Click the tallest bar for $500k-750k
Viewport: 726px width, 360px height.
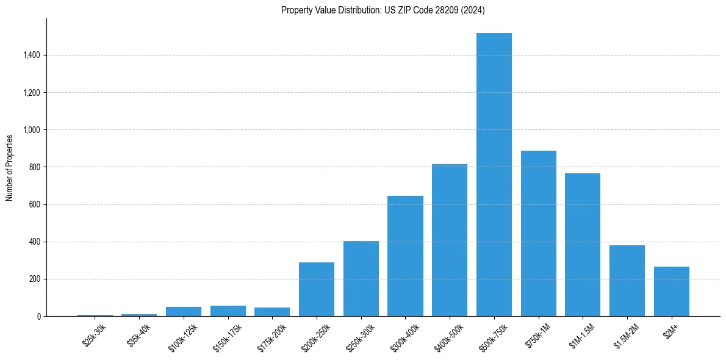coord(494,175)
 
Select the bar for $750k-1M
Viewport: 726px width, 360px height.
coord(539,234)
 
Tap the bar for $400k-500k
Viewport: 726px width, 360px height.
coord(450,240)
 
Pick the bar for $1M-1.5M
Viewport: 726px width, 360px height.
coord(583,245)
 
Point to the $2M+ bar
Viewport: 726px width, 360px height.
coord(672,292)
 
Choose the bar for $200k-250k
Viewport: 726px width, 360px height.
coord(317,289)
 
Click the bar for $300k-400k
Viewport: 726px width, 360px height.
coord(405,256)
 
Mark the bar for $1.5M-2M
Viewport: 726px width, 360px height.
coord(627,281)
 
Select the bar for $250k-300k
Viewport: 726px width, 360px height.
coord(361,279)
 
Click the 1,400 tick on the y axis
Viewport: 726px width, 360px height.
coord(32,56)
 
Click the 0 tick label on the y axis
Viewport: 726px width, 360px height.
coord(39,316)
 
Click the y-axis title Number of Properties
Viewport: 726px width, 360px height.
coord(10,167)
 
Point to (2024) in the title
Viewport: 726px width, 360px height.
coord(473,10)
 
